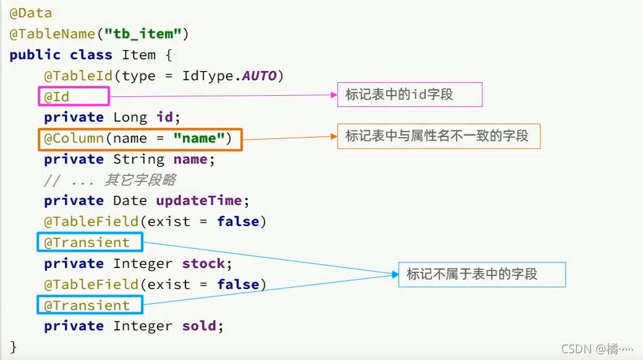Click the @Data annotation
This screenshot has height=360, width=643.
(31, 13)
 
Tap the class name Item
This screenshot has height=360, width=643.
(138, 55)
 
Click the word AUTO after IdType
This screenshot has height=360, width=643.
(259, 76)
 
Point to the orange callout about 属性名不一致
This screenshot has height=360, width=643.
(438, 135)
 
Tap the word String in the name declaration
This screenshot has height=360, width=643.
(138, 159)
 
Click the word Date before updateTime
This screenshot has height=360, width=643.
(130, 201)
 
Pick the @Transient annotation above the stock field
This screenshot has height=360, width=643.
(90, 243)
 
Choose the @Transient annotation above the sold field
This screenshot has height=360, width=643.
(90, 305)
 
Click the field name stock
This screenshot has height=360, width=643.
(203, 264)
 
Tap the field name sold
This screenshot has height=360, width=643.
(199, 326)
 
